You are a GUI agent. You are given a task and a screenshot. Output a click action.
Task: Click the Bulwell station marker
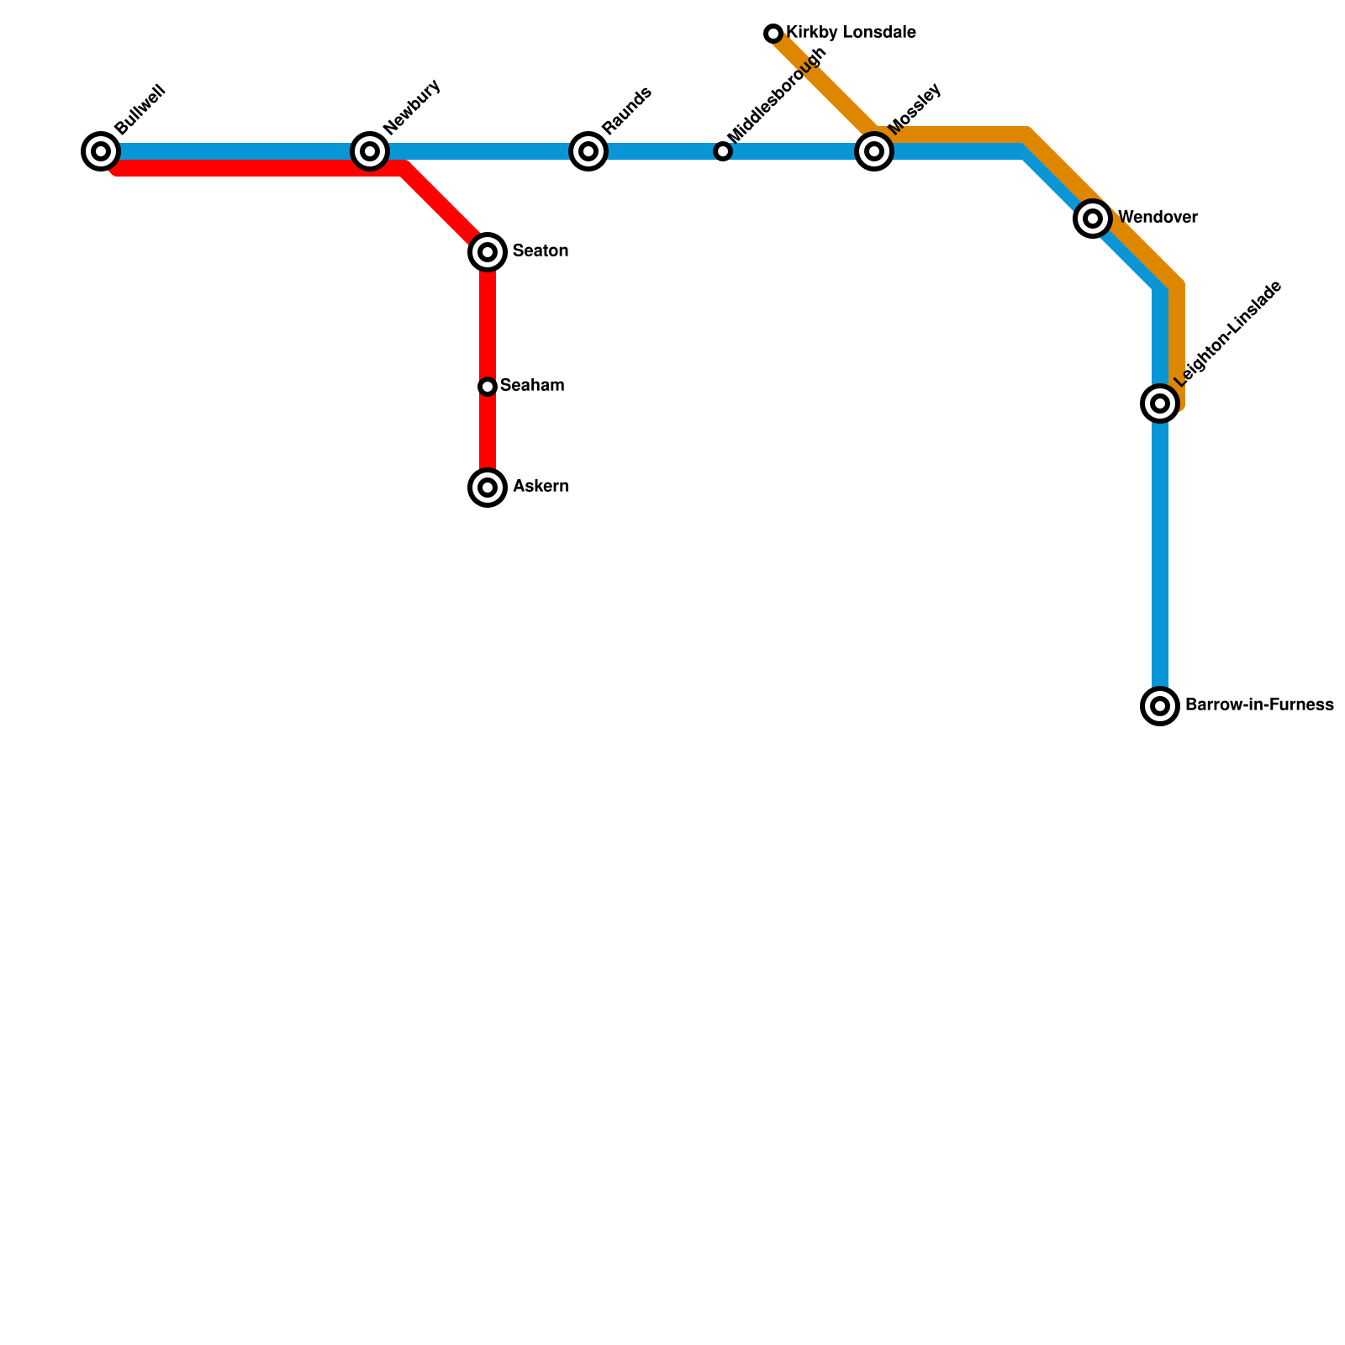(101, 151)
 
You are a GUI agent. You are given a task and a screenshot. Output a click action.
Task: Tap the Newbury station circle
(370, 151)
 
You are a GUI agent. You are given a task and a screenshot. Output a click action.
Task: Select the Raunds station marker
(588, 151)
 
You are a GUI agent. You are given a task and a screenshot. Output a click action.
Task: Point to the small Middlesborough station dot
(723, 151)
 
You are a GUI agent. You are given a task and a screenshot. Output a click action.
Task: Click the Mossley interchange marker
(874, 151)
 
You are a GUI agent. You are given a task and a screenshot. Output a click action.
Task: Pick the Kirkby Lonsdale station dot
(773, 34)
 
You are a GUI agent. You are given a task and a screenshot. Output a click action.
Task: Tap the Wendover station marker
(1093, 219)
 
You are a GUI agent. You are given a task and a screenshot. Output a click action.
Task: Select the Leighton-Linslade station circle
(1160, 403)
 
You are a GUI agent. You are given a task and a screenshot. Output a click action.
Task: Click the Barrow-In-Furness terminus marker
(1160, 706)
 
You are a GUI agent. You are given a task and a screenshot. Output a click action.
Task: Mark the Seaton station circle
(488, 251)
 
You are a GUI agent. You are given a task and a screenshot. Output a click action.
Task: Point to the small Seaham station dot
(488, 387)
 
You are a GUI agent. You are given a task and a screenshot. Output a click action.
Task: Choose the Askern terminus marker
(488, 488)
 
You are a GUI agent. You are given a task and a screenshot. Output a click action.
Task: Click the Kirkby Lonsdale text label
(851, 34)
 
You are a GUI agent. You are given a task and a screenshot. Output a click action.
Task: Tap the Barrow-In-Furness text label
(1259, 705)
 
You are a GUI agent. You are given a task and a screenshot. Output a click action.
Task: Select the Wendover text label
(1158, 218)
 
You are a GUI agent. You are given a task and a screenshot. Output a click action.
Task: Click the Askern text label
(541, 487)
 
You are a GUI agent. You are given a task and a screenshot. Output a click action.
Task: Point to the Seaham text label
(532, 386)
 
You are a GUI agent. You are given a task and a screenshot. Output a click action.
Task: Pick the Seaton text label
(541, 251)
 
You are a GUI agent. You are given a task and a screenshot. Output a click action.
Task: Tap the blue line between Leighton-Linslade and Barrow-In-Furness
(1160, 555)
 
